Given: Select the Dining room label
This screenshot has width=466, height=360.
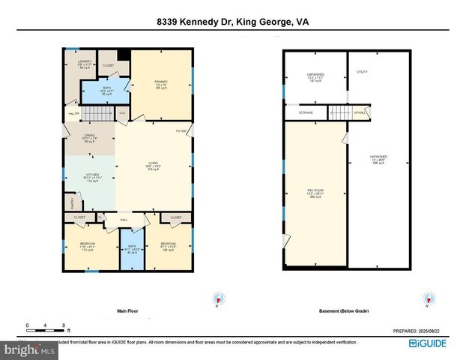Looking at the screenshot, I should click(x=89, y=137).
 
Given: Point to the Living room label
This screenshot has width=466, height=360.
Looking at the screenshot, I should click(x=152, y=166).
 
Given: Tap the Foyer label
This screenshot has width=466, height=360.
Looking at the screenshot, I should click(x=181, y=131).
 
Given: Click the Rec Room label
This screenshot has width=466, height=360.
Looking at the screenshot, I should click(x=314, y=193).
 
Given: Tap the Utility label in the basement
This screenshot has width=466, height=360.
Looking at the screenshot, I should click(x=362, y=72).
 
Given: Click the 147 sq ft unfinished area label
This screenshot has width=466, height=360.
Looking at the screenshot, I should click(x=314, y=76).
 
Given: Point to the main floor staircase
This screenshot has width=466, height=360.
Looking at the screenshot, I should click(x=95, y=113).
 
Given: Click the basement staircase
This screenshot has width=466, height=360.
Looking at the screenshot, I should click(x=340, y=112).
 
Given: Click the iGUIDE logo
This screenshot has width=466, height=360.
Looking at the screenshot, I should click(x=429, y=344).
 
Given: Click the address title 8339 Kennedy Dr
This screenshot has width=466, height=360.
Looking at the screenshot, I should click(x=232, y=22).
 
